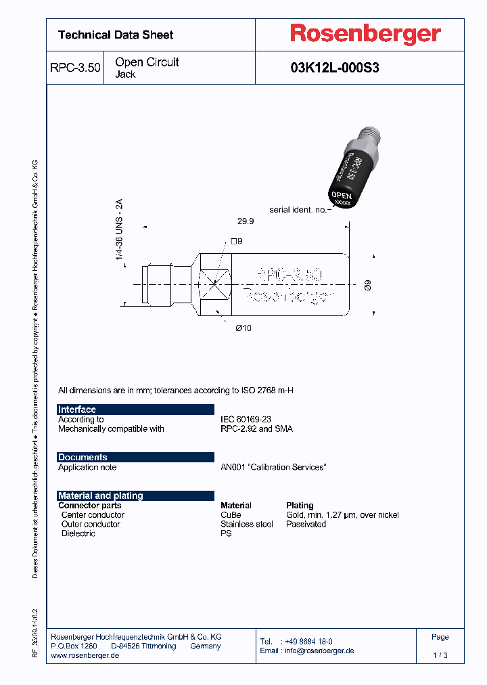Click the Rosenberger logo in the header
coord(365,34)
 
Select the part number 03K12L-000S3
coord(334,68)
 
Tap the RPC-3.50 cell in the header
coord(75,68)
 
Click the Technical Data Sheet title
coord(116,35)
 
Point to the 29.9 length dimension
coord(246,221)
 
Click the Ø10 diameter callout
coord(243,328)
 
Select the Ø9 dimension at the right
coord(367,285)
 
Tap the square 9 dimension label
coord(236,241)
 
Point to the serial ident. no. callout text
coord(298,210)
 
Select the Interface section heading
coord(77,410)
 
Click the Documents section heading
coord(83,458)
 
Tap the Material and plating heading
coord(101,495)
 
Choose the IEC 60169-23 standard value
coord(246,420)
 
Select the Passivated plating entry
coord(306,525)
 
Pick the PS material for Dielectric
coord(226,533)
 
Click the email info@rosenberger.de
coord(318,651)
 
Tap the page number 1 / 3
coord(440,655)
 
